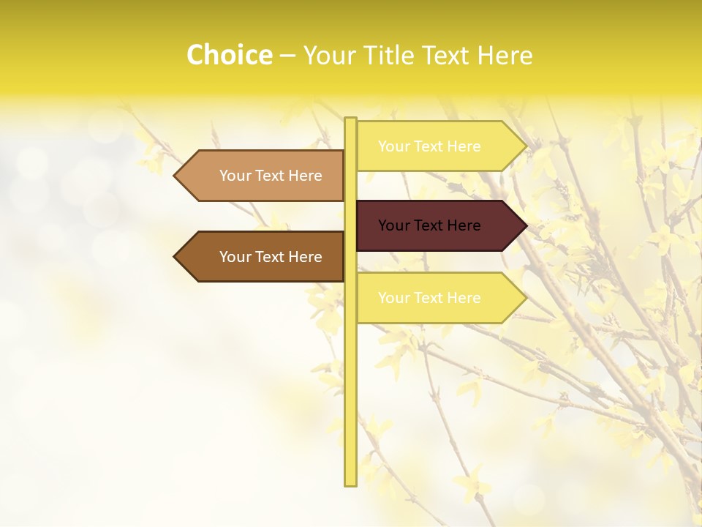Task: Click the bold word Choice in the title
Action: [229, 55]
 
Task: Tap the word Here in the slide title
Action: [505, 56]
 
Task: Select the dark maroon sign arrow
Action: [439, 225]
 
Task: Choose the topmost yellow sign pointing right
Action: [439, 146]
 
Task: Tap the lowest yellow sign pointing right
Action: [439, 298]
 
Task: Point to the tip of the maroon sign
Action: [525, 225]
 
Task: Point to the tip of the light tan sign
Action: [175, 176]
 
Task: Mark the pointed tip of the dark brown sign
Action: [175, 257]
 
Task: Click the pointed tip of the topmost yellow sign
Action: [525, 146]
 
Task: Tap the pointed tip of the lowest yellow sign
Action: [525, 298]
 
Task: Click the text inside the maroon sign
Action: [429, 225]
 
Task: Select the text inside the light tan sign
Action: [271, 176]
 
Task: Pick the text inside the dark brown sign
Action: [271, 257]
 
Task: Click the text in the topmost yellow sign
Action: [429, 146]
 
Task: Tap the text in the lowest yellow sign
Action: [429, 298]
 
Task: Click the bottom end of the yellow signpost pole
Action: [350, 483]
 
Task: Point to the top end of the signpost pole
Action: [350, 120]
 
